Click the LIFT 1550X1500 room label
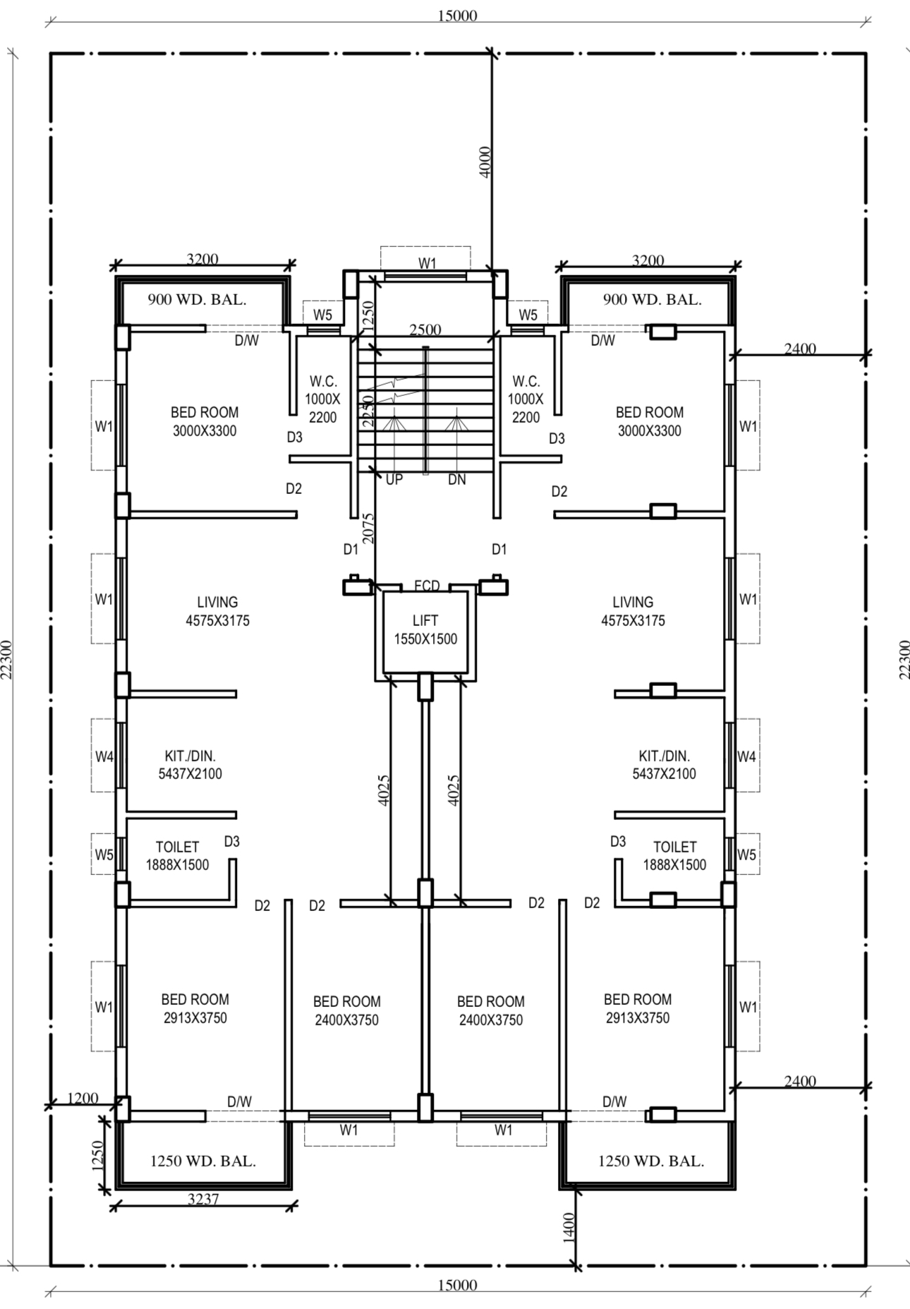tap(425, 629)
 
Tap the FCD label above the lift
tap(427, 586)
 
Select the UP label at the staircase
tap(394, 479)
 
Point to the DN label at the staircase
tap(457, 479)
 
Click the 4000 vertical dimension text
tap(485, 162)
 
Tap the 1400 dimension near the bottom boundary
tap(569, 1226)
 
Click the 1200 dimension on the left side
tap(83, 1097)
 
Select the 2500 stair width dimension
tap(425, 329)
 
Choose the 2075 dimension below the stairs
tap(368, 527)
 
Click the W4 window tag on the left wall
tap(104, 756)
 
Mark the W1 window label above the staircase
tap(427, 263)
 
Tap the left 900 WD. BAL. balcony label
tap(197, 299)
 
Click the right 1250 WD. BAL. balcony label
tap(651, 1161)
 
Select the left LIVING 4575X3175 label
tap(217, 611)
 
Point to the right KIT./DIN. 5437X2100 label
tap(664, 764)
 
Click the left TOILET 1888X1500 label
tap(177, 855)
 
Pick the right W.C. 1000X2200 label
tap(526, 399)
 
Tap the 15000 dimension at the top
tap(457, 16)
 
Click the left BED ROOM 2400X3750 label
tap(346, 1011)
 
